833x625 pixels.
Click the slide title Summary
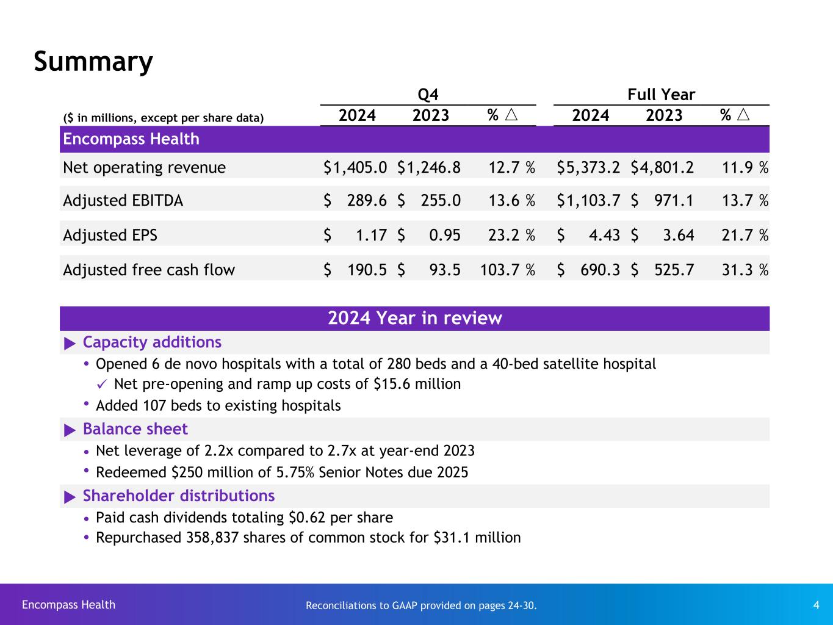click(93, 62)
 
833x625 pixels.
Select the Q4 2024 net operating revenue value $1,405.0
click(355, 168)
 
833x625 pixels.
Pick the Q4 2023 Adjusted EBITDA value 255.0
click(441, 201)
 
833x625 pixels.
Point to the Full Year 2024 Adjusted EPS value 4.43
click(603, 235)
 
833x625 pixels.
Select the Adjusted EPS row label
click(110, 235)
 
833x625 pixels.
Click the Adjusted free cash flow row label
click(149, 270)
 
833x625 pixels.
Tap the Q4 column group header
click(428, 95)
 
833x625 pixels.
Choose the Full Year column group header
click(662, 95)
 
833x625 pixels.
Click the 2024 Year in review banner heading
click(415, 318)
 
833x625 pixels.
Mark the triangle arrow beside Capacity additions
click(70, 343)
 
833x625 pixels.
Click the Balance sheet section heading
click(135, 429)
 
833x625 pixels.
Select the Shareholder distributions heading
click(178, 496)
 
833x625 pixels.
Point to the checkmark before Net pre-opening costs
click(103, 384)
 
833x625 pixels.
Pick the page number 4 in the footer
click(816, 605)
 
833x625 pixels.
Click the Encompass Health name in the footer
click(68, 605)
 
